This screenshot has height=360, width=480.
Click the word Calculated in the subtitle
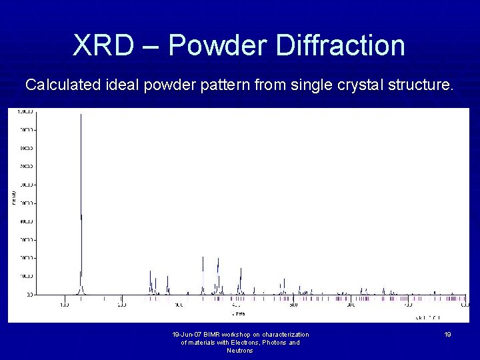(x=62, y=85)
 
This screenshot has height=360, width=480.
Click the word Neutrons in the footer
(x=240, y=351)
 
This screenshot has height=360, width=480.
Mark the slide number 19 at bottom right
(x=448, y=335)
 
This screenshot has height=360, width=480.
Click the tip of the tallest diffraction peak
(x=81, y=115)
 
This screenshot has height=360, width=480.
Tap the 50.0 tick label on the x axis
(x=294, y=305)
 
